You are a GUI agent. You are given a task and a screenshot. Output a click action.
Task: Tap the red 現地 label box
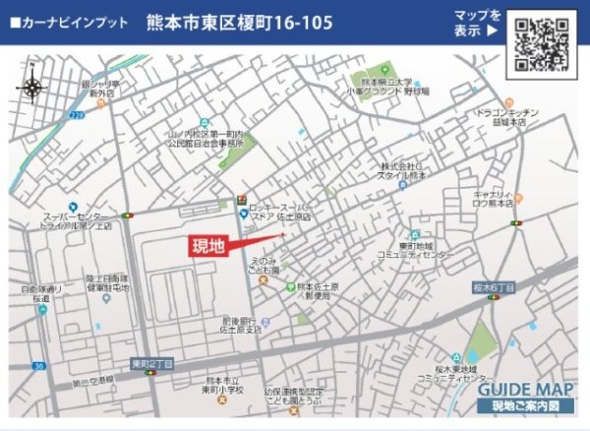[208, 246]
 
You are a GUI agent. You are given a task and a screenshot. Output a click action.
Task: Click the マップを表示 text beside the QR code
[477, 23]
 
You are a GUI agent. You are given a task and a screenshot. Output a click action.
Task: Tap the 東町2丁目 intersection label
[151, 363]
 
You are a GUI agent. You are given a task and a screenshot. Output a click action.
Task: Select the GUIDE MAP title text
[522, 388]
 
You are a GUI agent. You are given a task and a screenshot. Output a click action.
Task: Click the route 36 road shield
[38, 366]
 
